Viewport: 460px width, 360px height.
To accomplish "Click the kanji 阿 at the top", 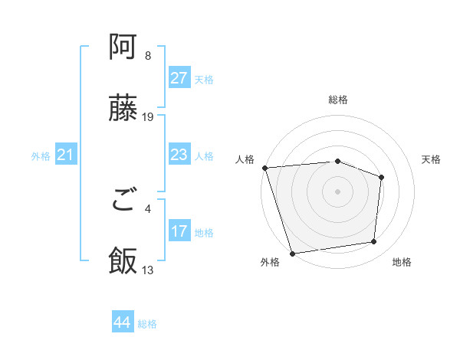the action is [123, 48].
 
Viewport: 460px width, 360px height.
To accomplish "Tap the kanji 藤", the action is [123, 109].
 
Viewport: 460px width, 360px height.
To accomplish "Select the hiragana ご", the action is [123, 201].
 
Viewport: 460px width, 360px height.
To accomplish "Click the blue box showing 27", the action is [179, 78].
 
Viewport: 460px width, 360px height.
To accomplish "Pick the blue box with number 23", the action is [179, 155].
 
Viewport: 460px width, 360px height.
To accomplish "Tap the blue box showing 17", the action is [179, 231].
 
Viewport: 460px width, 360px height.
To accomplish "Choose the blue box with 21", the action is [65, 155].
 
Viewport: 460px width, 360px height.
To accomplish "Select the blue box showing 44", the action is [122, 322].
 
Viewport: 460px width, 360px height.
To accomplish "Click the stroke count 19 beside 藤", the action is [148, 117].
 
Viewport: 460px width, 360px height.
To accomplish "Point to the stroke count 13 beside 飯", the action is [148, 270].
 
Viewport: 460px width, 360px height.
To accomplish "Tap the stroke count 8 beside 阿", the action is [148, 56].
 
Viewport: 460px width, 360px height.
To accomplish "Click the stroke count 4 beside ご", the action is [148, 208].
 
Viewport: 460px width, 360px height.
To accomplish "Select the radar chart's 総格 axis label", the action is [338, 100].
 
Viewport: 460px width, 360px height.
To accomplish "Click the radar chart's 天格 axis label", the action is [431, 159].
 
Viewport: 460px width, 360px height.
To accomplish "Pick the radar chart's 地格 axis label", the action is [402, 263].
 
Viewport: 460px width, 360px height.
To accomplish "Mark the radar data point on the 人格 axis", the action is [264, 168].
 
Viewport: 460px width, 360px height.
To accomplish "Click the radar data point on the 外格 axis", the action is [292, 253].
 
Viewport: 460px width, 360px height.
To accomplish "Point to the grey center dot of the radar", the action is [337, 191].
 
